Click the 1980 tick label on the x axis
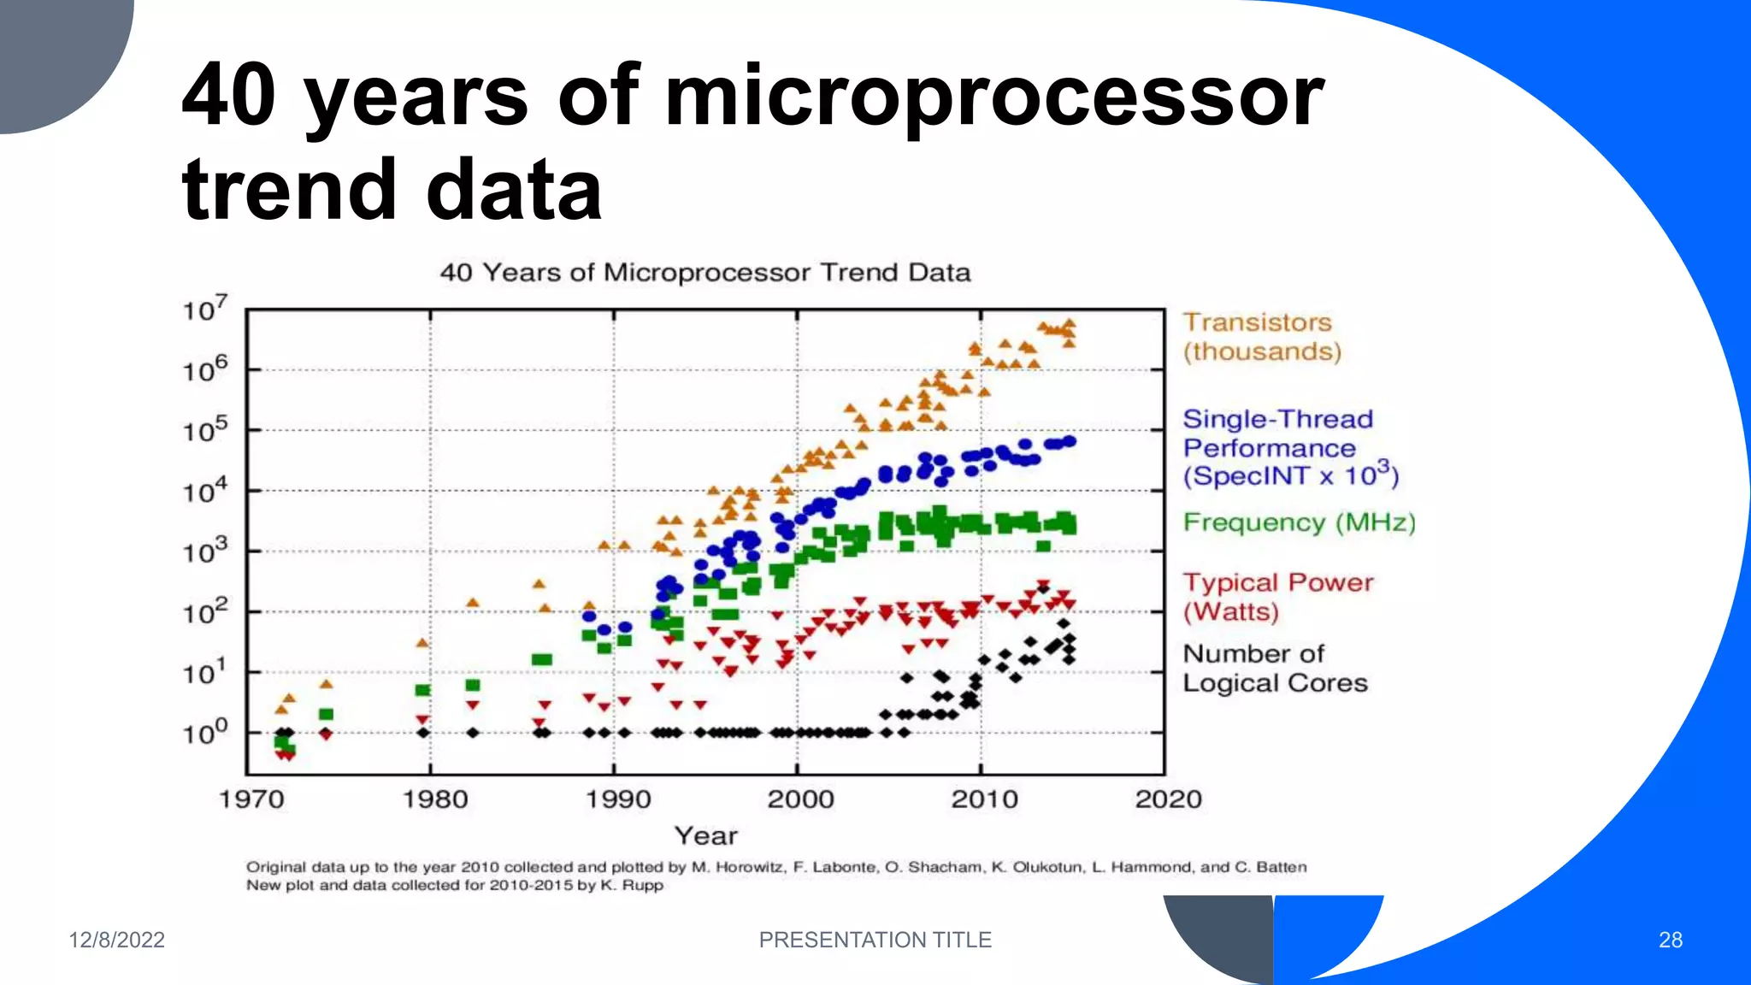coord(435,799)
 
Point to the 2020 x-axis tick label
coord(1168,799)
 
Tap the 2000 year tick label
coord(800,799)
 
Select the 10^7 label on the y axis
coord(205,309)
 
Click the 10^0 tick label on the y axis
coord(205,733)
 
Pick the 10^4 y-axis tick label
coord(205,491)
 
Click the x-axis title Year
coord(705,835)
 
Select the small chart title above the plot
coord(705,273)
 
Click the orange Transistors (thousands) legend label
coord(1261,337)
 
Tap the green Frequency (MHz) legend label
coord(1299,522)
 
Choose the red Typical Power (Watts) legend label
coord(1277,597)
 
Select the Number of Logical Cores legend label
coord(1274,669)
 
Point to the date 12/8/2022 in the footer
coord(116,940)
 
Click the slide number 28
coord(1670,940)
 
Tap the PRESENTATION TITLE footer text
coord(875,940)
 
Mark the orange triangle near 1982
coord(472,603)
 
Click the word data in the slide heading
coord(514,190)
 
